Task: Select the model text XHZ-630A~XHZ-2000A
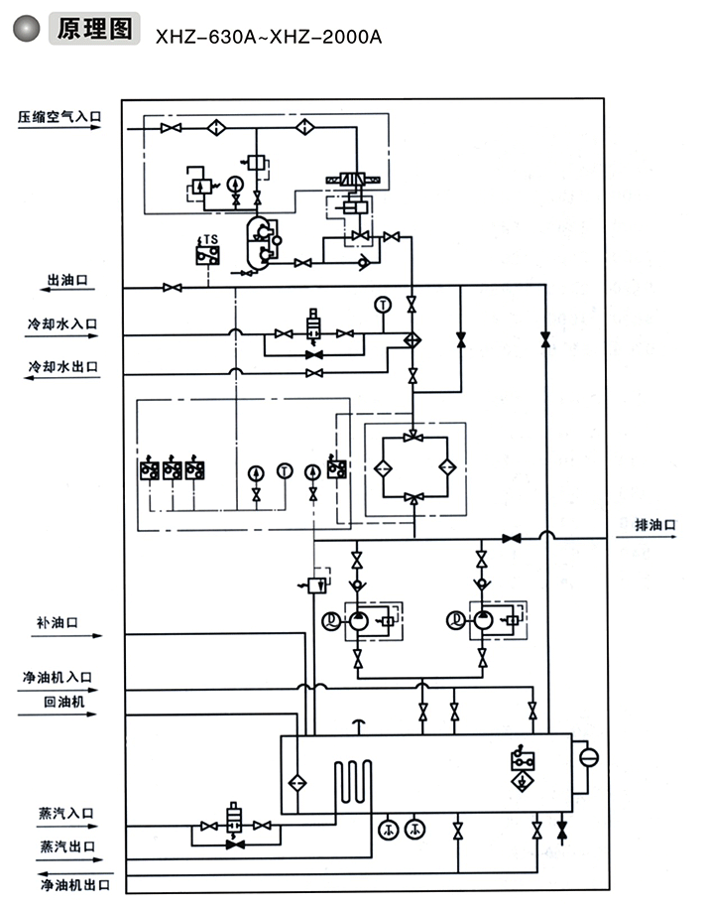tap(268, 37)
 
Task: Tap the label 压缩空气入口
tap(59, 116)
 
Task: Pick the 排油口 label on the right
tap(654, 523)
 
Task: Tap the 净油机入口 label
tap(59, 677)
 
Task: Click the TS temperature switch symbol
tap(207, 251)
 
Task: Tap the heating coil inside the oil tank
tap(353, 781)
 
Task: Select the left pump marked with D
tap(355, 620)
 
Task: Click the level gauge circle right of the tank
tap(589, 757)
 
